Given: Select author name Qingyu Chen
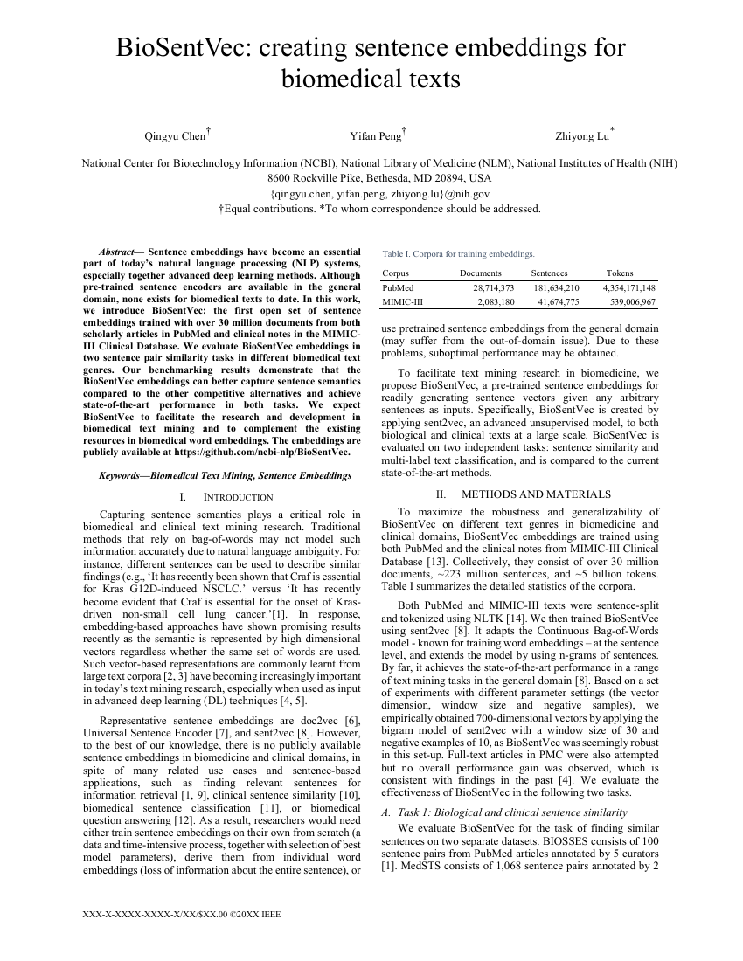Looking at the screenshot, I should click(x=174, y=136).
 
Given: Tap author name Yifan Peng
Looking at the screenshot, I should click(x=376, y=136).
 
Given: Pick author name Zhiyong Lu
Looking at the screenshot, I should click(x=581, y=136).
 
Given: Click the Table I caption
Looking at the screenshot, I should click(x=458, y=254).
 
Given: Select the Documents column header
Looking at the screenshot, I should click(x=481, y=273).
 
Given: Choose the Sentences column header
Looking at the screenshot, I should click(x=549, y=273).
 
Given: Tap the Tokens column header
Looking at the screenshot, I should click(x=620, y=273).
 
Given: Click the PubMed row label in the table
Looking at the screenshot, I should click(x=399, y=287).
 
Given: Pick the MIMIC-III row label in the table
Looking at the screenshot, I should click(x=403, y=301).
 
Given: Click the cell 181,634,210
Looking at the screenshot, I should click(x=556, y=287).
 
